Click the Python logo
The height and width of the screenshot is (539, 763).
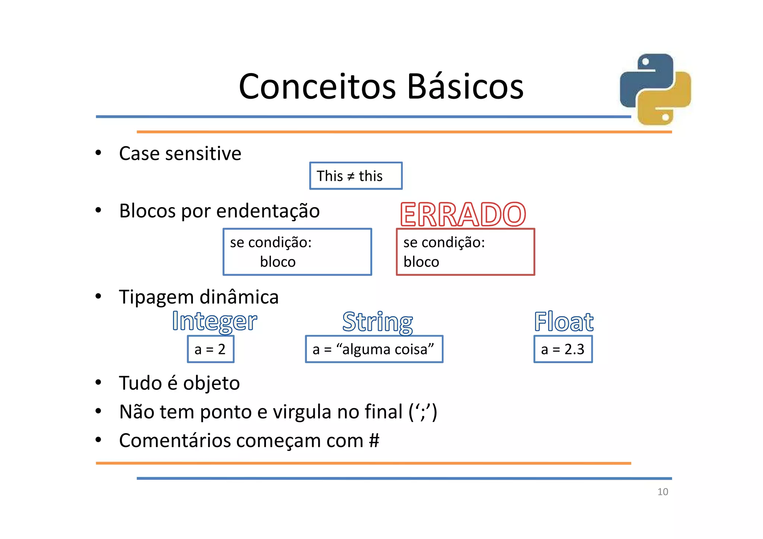pos(655,89)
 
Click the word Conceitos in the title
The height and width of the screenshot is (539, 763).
pos(317,86)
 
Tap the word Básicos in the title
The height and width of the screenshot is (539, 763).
pos(465,86)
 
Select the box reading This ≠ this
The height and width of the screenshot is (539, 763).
pos(356,176)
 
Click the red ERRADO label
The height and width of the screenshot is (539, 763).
pos(463,215)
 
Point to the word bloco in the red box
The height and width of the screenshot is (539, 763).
pos(421,262)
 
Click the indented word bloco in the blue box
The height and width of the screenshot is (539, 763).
pos(278,262)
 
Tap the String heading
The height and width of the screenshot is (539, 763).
pos(377,322)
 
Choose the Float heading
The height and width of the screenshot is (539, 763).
pos(564,322)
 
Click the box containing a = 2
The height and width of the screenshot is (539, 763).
pos(210,349)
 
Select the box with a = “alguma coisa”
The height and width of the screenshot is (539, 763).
pos(374,349)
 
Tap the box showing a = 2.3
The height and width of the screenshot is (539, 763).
pos(563,349)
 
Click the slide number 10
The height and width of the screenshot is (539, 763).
pos(663,492)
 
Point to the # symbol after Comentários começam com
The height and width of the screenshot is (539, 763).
pos(374,441)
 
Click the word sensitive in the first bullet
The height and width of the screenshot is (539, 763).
pos(209,153)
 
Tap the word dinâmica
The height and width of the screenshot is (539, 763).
pos(239,297)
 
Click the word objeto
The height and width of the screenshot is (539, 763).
pos(211,384)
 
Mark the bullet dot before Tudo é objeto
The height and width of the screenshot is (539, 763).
pos(98,383)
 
